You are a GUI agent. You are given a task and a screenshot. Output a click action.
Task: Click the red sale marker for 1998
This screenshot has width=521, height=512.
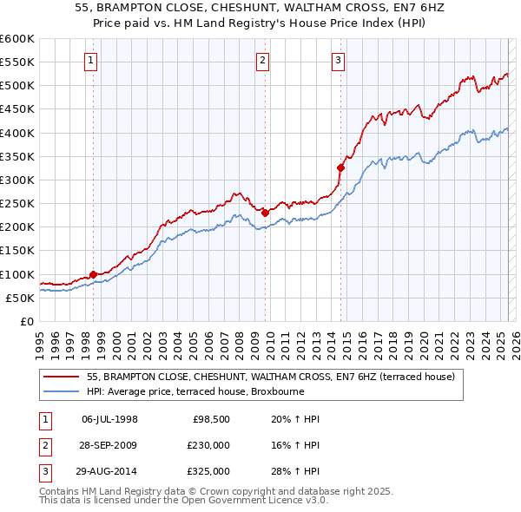pyautogui.click(x=93, y=275)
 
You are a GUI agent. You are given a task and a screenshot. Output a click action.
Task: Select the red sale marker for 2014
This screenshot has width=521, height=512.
pyautogui.click(x=340, y=167)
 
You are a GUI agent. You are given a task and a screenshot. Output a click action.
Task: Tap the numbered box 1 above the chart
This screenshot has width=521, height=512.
pyautogui.click(x=91, y=60)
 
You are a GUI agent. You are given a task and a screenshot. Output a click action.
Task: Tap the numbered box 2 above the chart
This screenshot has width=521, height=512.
pyautogui.click(x=262, y=60)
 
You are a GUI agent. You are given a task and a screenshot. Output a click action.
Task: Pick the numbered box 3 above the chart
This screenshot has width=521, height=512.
pyautogui.click(x=338, y=60)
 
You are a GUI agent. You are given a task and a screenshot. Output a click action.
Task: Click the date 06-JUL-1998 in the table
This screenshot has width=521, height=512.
pyautogui.click(x=109, y=419)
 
